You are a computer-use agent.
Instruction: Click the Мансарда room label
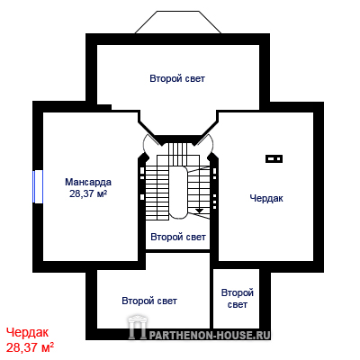click(x=88, y=182)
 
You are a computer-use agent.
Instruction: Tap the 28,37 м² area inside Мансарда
click(x=88, y=193)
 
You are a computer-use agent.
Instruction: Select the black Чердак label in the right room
click(x=266, y=198)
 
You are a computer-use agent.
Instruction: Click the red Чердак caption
click(x=27, y=332)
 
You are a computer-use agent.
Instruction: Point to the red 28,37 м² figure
click(x=30, y=347)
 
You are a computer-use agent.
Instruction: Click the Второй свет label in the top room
click(x=177, y=78)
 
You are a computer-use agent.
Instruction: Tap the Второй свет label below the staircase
click(x=178, y=237)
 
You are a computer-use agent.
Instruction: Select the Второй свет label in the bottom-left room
click(x=149, y=301)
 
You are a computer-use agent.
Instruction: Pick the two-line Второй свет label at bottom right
click(x=238, y=299)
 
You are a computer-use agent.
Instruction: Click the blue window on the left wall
click(x=38, y=186)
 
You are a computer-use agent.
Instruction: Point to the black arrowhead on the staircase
click(x=199, y=211)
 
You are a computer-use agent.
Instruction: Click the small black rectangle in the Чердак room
click(x=274, y=158)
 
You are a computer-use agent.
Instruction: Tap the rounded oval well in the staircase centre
click(x=177, y=193)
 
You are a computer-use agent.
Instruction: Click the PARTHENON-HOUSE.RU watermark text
click(x=210, y=335)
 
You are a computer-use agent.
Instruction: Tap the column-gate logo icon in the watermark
click(x=138, y=327)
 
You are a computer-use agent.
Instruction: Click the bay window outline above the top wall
click(x=178, y=22)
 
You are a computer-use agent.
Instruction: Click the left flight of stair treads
click(x=157, y=191)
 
